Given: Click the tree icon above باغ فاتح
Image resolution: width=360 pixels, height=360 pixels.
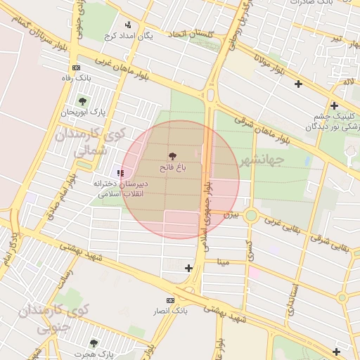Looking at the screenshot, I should (172, 155).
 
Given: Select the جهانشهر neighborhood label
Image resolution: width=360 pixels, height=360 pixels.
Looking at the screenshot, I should (261, 160).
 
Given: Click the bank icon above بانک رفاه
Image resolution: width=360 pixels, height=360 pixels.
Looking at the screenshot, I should (76, 67).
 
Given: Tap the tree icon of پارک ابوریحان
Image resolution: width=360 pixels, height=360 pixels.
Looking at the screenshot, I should (82, 101).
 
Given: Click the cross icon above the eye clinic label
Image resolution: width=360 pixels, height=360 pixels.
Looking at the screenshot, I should (335, 105).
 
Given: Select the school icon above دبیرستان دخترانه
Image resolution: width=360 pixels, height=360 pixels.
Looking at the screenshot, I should (120, 172).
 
